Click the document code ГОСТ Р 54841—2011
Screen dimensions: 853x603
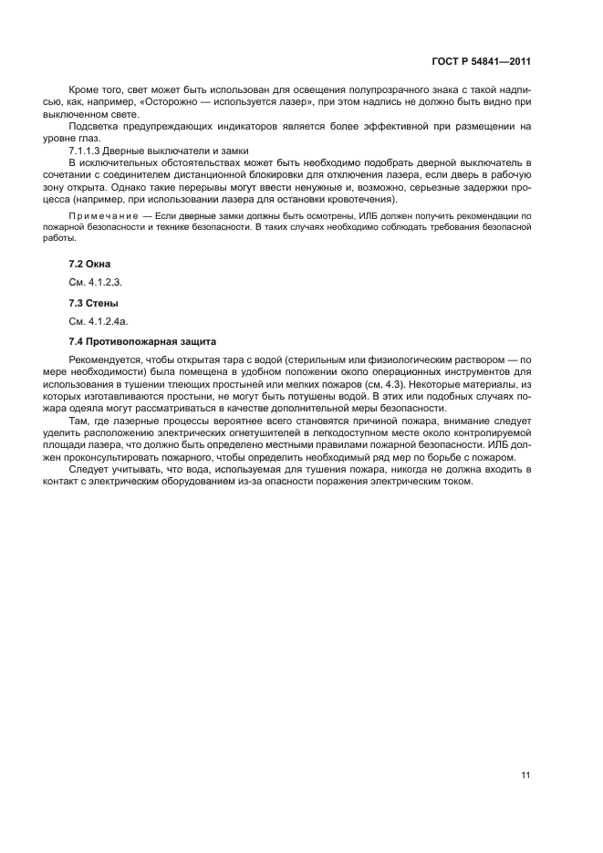(x=482, y=62)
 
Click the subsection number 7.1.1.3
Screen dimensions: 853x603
(x=87, y=150)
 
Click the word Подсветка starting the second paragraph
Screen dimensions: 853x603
(x=94, y=126)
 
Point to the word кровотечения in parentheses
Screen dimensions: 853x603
(x=355, y=197)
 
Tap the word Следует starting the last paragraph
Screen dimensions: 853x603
(x=88, y=468)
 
